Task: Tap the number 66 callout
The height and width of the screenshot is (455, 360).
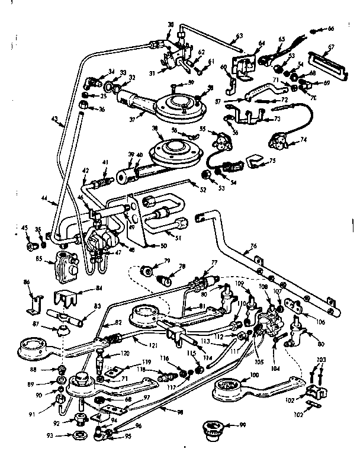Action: click(331, 29)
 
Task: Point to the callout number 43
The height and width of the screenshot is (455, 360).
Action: click(54, 123)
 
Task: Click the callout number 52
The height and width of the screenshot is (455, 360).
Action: click(202, 190)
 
